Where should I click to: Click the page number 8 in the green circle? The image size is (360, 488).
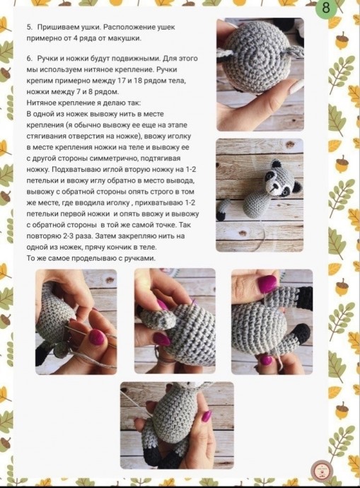[325, 7]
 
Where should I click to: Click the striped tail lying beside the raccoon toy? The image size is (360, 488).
[225, 209]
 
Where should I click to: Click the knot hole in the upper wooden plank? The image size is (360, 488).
[290, 145]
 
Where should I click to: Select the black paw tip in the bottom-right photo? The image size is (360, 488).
[301, 334]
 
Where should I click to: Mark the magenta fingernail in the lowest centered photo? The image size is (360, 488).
[207, 415]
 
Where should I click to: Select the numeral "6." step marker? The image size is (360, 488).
[30, 59]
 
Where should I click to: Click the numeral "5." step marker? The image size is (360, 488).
[30, 28]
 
